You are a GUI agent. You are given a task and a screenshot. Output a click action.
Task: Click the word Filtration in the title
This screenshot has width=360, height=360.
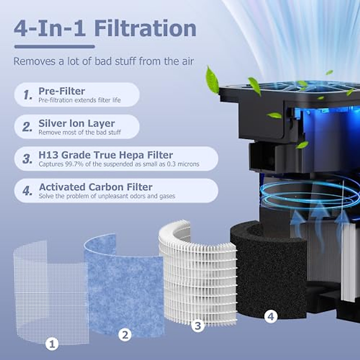145,28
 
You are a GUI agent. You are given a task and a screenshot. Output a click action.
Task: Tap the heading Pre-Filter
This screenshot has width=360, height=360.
61,91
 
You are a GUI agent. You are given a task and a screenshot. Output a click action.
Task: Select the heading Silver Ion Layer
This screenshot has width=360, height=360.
76,123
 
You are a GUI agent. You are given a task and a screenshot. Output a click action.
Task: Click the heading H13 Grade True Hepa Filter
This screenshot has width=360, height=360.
106,155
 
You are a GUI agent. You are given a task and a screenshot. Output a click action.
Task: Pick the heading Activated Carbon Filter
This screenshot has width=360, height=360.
96,187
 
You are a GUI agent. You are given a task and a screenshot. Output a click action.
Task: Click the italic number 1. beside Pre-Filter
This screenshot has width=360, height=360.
28,95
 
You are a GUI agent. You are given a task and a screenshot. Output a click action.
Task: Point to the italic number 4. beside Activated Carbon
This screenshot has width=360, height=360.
27,191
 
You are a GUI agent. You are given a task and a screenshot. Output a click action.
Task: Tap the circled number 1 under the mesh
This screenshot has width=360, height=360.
52,344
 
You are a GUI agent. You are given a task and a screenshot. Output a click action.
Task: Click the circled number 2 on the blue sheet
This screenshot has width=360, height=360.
125,335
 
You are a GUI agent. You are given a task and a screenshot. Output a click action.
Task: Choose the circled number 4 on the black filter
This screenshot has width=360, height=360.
271,316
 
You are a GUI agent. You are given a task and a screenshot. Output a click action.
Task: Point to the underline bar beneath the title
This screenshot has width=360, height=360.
55,46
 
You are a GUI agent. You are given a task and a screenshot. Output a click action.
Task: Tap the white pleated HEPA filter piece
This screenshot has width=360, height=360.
198,276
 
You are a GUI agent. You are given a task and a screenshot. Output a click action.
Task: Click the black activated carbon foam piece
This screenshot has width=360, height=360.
267,270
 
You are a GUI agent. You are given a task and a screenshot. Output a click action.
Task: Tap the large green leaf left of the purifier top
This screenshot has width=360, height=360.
212,80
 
